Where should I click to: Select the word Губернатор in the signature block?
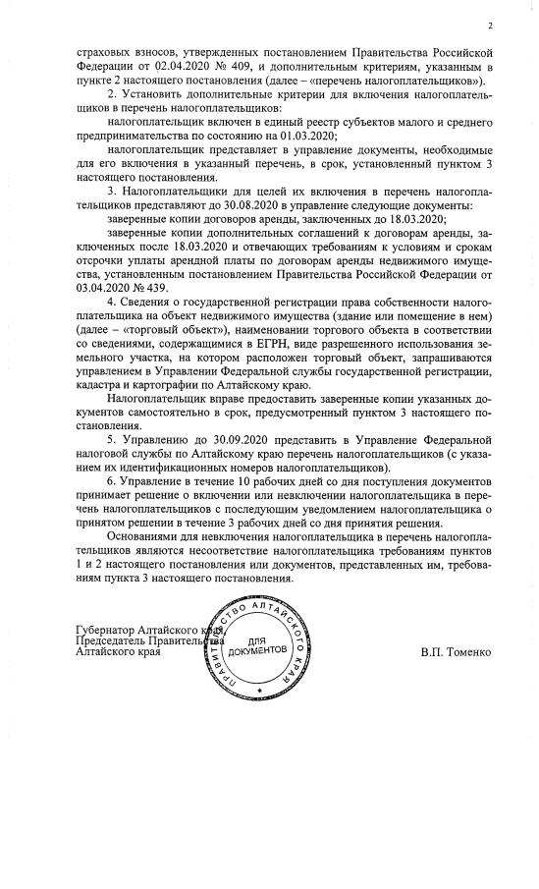pos(107,629)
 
